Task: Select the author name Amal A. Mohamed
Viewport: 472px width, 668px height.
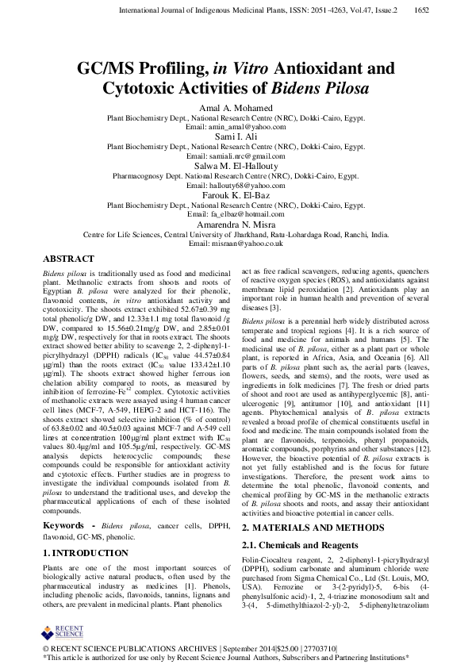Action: pos(236,107)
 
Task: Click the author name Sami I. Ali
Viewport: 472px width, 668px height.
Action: pos(236,136)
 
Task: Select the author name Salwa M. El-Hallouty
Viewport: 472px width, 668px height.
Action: pos(236,166)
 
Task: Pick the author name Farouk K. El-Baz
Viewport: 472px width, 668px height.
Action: pos(236,195)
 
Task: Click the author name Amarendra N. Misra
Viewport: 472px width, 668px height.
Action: pos(236,225)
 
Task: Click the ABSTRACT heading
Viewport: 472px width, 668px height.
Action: pos(68,259)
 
